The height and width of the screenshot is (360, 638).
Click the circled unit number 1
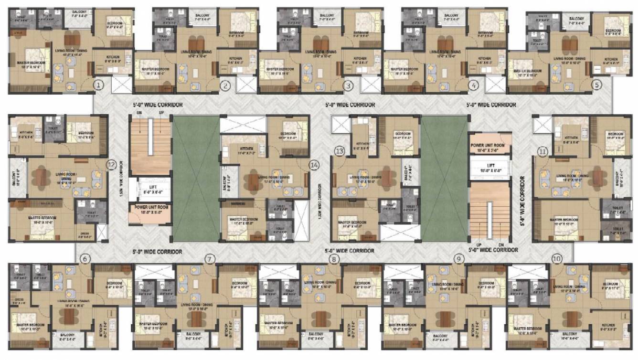click(x=98, y=85)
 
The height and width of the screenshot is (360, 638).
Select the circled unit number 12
click(x=111, y=164)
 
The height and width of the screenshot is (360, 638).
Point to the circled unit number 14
click(x=314, y=165)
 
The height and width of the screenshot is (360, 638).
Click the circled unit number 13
click(x=340, y=151)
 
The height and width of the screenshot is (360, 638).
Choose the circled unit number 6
click(x=85, y=259)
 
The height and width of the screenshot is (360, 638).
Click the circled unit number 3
click(x=349, y=85)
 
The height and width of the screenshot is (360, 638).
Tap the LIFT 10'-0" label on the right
click(x=490, y=167)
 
